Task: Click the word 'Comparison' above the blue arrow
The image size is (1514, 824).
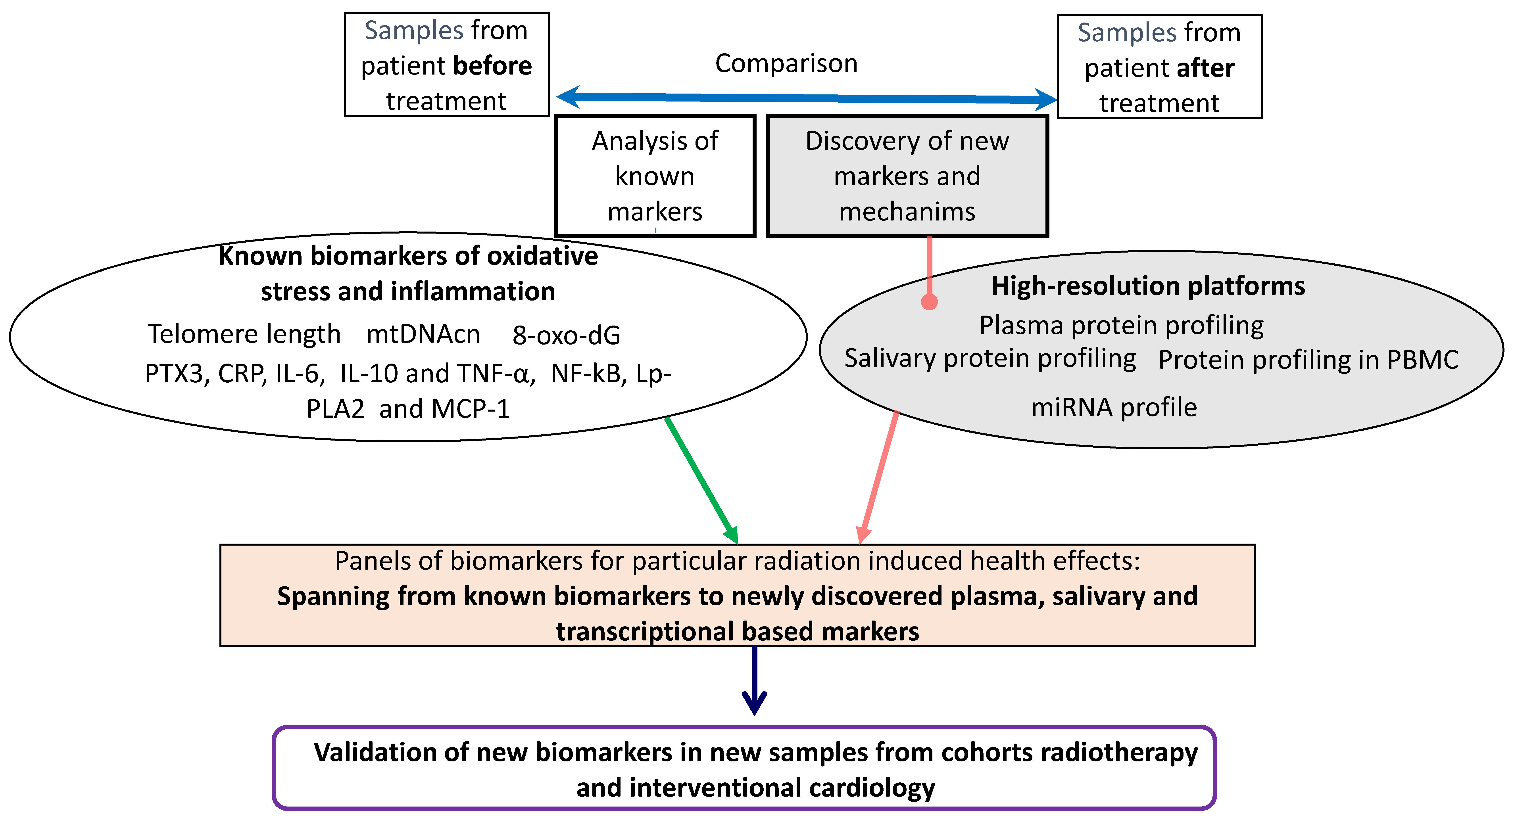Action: pyautogui.click(x=786, y=63)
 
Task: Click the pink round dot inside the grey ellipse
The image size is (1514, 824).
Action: pyautogui.click(x=929, y=301)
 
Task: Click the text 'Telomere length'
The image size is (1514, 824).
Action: pyautogui.click(x=244, y=334)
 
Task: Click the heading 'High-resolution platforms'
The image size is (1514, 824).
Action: pyautogui.click(x=1148, y=286)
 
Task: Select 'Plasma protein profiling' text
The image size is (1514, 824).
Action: pyautogui.click(x=1121, y=326)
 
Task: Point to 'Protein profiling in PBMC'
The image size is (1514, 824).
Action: pyautogui.click(x=1308, y=360)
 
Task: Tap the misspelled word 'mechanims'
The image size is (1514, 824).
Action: pyautogui.click(x=907, y=212)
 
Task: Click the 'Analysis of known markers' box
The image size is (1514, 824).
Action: pyautogui.click(x=655, y=176)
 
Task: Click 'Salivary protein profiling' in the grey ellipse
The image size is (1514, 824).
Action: pyautogui.click(x=990, y=358)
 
